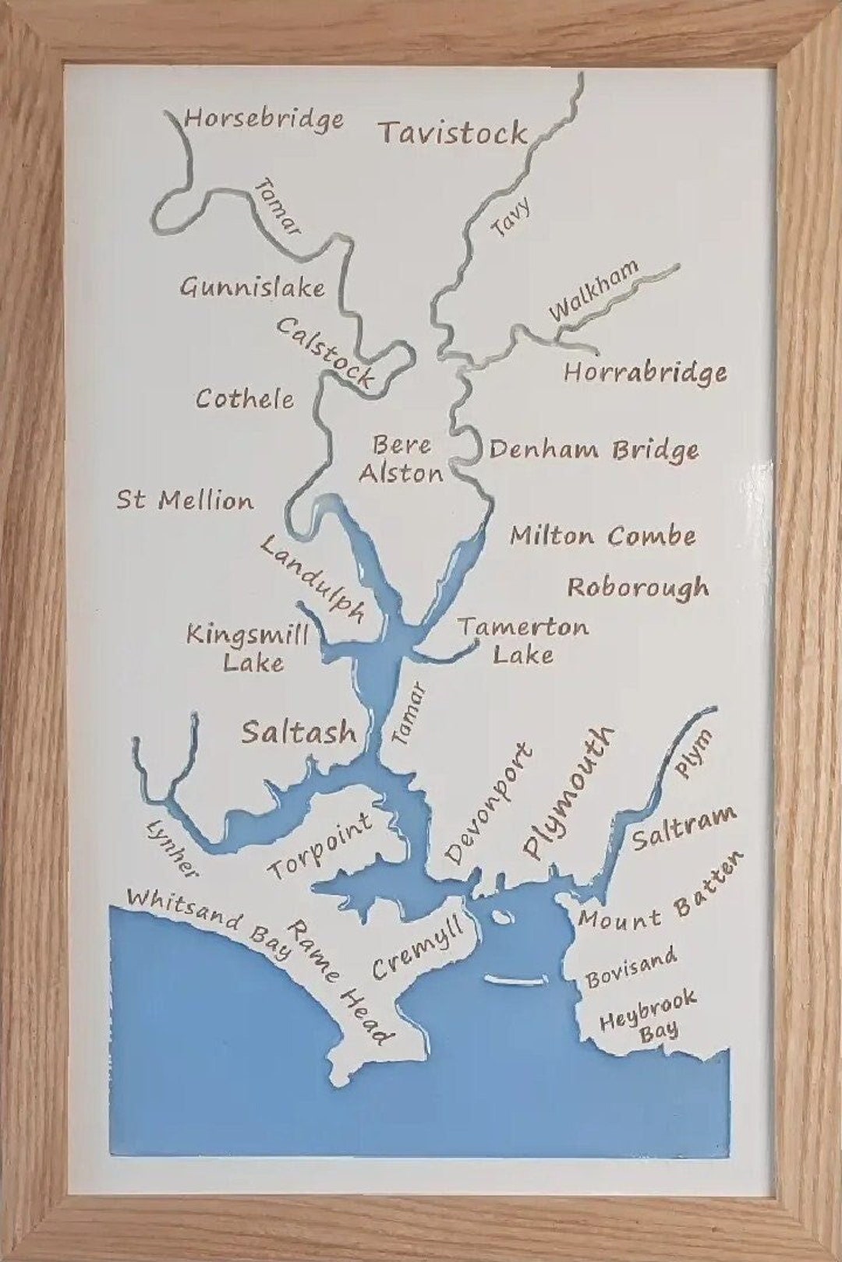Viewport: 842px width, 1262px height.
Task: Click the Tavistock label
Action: click(x=453, y=133)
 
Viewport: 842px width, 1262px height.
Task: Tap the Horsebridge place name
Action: click(x=264, y=119)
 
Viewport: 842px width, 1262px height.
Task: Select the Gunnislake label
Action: click(x=252, y=287)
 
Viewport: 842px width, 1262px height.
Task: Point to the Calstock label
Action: click(x=324, y=353)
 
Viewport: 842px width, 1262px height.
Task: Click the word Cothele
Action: click(x=245, y=399)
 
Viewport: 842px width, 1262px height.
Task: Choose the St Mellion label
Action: click(x=186, y=500)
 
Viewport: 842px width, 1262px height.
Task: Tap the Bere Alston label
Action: click(x=402, y=459)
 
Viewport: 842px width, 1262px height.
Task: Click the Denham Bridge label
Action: click(x=593, y=450)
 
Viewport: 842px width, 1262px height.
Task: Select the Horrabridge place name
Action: click(x=645, y=372)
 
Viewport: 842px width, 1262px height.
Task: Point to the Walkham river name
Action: click(x=593, y=291)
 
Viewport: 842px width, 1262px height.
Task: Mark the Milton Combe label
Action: click(x=603, y=536)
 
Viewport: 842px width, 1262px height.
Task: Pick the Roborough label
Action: click(x=638, y=587)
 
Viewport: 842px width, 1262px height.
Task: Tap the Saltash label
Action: click(x=299, y=732)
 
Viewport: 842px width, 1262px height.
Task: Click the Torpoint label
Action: click(x=321, y=846)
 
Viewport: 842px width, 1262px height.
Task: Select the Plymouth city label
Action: click(x=568, y=791)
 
